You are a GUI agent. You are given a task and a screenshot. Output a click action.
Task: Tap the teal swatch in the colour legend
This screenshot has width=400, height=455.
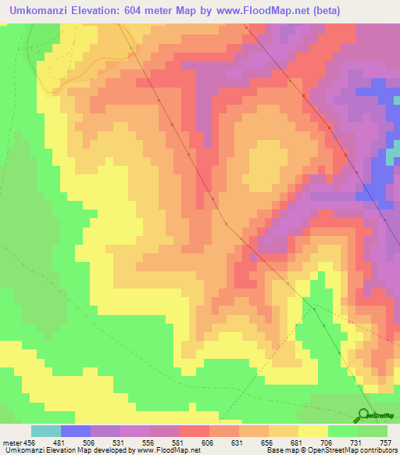[46, 432]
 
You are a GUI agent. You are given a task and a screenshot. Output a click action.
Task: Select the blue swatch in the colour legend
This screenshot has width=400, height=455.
[76, 432]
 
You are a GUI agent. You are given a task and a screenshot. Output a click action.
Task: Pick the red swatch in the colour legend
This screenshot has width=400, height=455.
[195, 432]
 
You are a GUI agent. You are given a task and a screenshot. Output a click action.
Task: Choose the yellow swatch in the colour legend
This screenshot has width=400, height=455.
[313, 432]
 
